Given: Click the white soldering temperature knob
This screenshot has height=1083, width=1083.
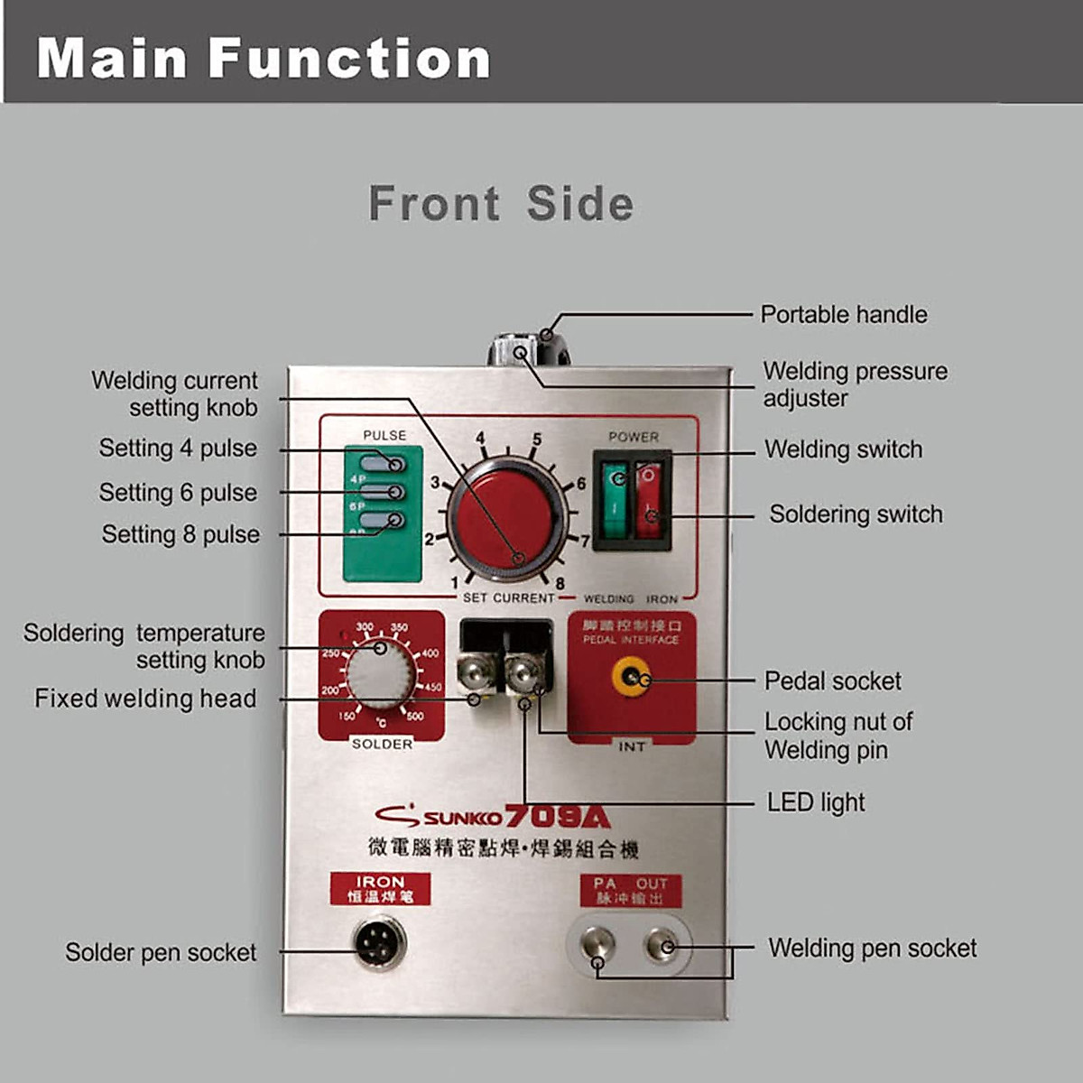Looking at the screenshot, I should (x=382, y=674).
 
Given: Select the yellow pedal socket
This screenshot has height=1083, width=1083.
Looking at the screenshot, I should (x=631, y=677).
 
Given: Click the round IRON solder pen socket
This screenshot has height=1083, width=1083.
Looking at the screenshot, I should (x=379, y=943).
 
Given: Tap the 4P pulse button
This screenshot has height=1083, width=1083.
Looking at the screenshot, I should (x=383, y=464).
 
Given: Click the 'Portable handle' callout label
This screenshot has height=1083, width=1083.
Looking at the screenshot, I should (x=843, y=315).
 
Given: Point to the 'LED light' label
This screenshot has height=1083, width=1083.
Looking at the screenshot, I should (x=815, y=802).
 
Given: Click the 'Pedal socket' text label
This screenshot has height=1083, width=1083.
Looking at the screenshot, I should (x=832, y=681).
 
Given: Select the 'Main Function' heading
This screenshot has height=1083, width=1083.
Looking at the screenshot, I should (x=263, y=59).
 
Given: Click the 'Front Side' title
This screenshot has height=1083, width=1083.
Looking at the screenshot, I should (x=501, y=203).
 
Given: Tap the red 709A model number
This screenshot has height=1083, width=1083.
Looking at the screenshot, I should (x=557, y=817).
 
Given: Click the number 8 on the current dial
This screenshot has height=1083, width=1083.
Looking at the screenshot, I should (x=560, y=584).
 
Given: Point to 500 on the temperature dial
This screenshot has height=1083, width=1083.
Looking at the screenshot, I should (x=414, y=717).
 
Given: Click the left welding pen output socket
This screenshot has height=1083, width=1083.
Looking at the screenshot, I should (x=597, y=945).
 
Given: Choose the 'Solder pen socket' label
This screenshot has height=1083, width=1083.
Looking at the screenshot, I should (x=161, y=952).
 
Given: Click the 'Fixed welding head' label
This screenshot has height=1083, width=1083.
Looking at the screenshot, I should (x=145, y=699).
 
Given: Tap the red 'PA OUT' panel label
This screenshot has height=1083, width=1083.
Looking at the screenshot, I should (x=631, y=891).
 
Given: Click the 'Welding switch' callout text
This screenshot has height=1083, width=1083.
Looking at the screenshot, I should (x=843, y=449).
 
